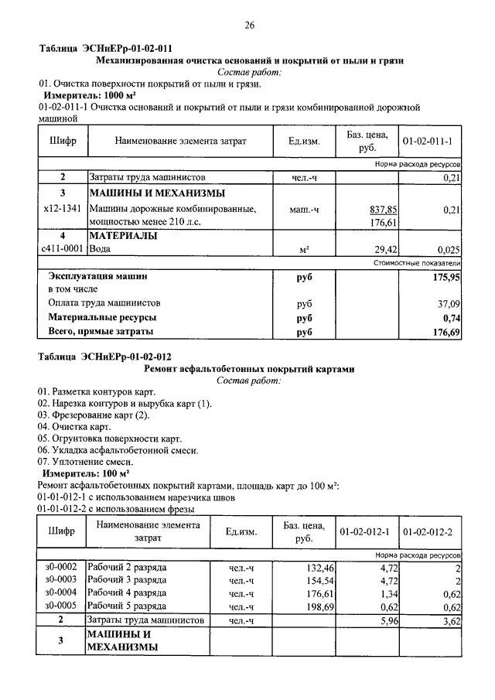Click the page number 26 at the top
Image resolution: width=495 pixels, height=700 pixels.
pos(250,25)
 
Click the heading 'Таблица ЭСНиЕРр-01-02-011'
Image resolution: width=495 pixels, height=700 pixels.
pos(105,48)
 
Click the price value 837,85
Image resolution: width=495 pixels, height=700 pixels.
pos(383,209)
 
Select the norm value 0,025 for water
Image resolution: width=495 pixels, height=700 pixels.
pos(448,250)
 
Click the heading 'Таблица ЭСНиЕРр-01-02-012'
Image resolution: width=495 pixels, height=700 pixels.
pos(105,357)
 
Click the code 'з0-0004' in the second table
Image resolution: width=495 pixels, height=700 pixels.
pos(62,593)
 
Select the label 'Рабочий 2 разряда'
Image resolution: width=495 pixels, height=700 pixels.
pos(128,567)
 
